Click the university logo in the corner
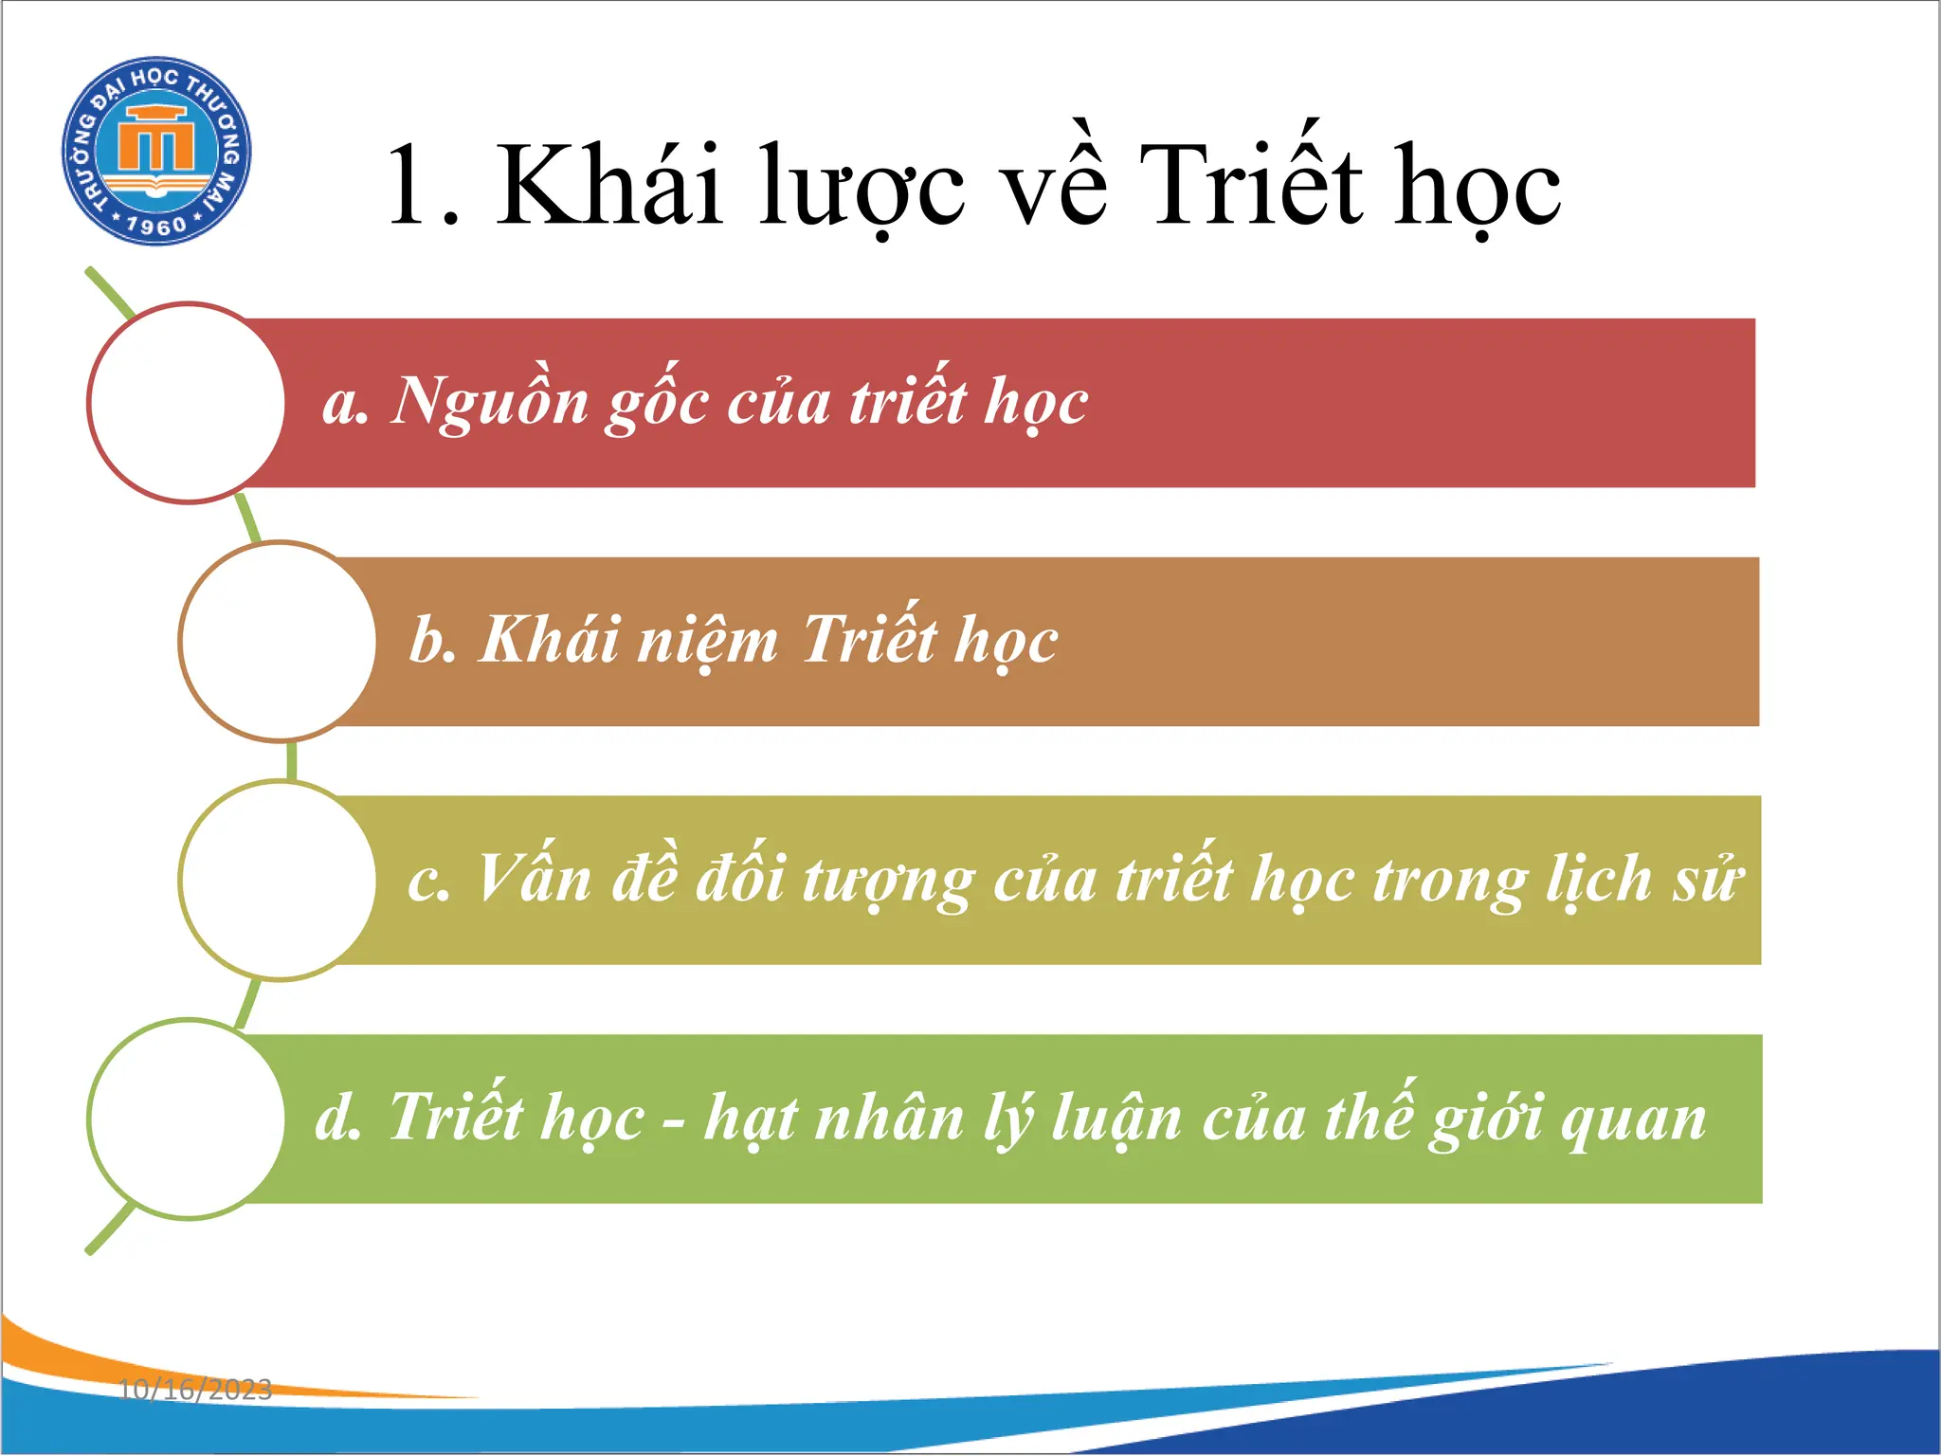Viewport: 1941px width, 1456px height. coord(156,150)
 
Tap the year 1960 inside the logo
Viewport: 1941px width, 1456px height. coord(156,226)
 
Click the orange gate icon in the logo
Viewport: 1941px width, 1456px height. coord(156,142)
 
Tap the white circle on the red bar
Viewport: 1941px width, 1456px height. coord(187,403)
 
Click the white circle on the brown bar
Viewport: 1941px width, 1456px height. coord(279,642)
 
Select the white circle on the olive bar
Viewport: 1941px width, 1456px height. coord(279,881)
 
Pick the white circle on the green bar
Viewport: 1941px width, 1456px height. coord(187,1119)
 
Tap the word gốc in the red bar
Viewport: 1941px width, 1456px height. coord(657,403)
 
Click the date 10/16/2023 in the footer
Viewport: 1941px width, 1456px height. coord(195,1390)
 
